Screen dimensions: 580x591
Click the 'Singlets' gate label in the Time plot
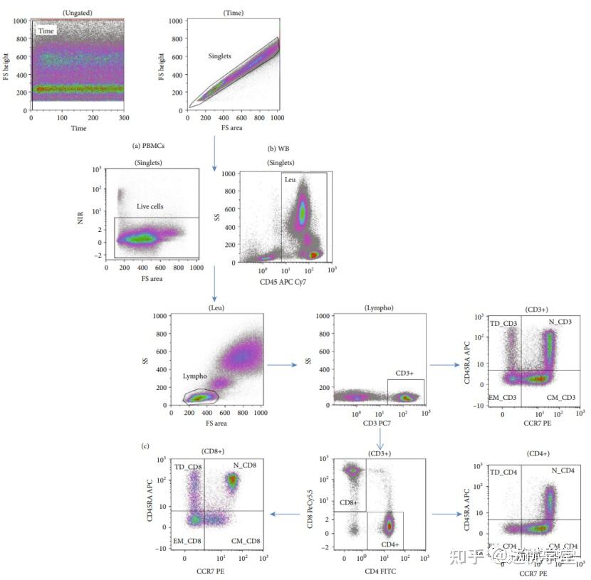220,56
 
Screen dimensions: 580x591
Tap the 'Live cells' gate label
150,206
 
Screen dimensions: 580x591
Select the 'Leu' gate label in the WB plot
290,179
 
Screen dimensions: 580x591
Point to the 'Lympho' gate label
194,375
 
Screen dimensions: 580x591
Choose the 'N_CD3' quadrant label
560,323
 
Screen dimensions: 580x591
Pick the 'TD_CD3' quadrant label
503,324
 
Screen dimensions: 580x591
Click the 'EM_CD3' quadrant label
503,396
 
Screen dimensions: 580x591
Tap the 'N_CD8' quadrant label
244,465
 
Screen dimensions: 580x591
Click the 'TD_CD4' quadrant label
503,472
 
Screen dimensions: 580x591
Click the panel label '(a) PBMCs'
154,147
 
